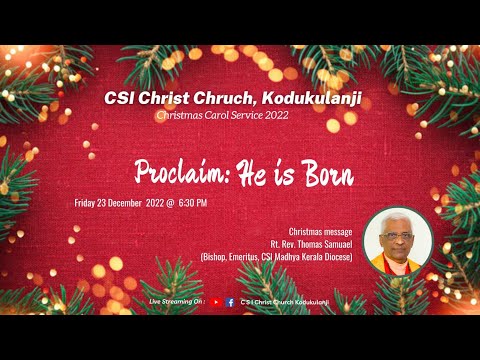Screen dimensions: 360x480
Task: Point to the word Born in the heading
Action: pyautogui.click(x=327, y=175)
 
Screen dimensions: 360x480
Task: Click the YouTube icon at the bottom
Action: pyautogui.click(x=217, y=301)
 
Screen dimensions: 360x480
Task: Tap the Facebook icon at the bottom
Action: pyautogui.click(x=231, y=301)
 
